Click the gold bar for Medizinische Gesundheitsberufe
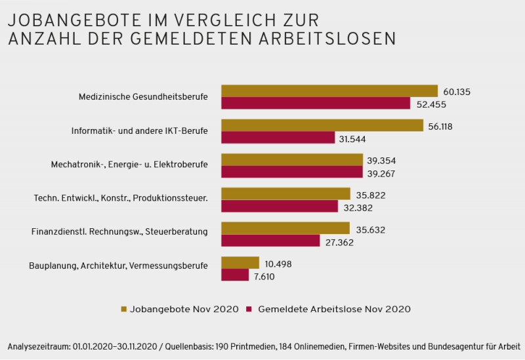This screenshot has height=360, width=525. [x=329, y=91]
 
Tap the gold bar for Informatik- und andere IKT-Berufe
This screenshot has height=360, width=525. [x=322, y=125]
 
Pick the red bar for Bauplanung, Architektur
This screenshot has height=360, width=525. [x=235, y=275]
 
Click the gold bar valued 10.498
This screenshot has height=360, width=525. [x=240, y=263]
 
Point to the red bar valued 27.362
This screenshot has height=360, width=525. [x=270, y=241]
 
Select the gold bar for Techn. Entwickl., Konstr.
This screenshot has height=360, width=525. [x=285, y=194]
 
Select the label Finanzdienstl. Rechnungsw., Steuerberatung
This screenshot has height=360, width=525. [x=119, y=231]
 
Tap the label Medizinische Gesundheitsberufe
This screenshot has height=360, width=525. [x=143, y=97]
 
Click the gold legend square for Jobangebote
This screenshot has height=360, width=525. [x=125, y=308]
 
